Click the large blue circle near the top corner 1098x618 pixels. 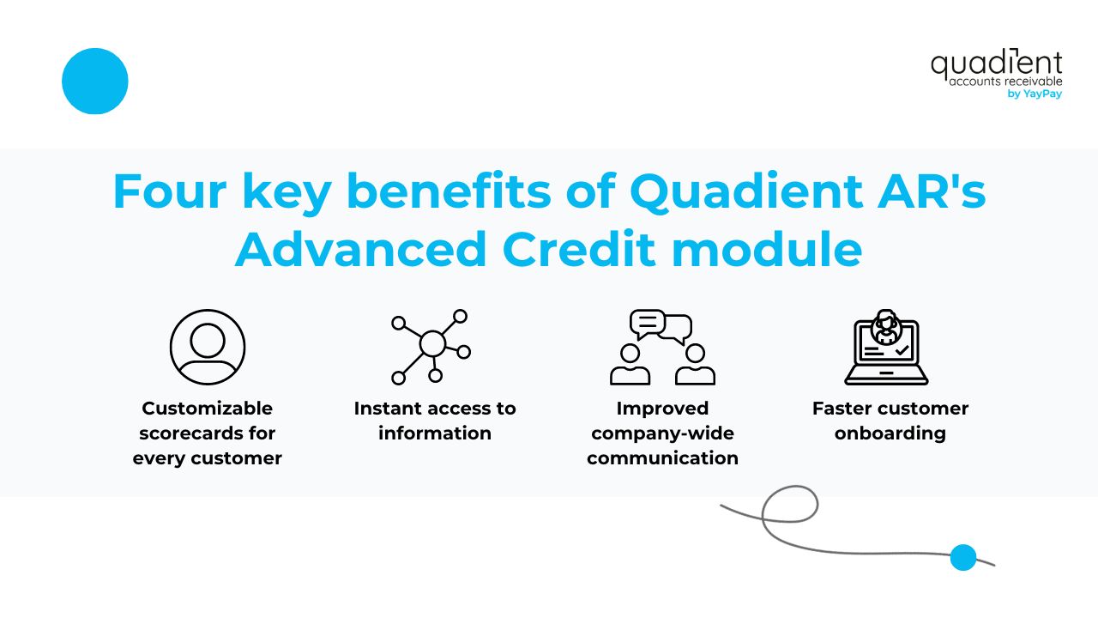95,82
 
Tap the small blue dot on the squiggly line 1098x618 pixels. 963,557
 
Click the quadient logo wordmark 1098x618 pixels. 996,64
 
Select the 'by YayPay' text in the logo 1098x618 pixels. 1035,94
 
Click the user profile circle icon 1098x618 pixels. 208,347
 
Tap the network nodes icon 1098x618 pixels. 431,346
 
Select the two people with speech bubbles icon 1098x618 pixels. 662,347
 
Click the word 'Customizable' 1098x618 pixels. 208,409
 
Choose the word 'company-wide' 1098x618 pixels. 662,433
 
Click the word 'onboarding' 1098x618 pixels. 890,433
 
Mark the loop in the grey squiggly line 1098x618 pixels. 789,506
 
